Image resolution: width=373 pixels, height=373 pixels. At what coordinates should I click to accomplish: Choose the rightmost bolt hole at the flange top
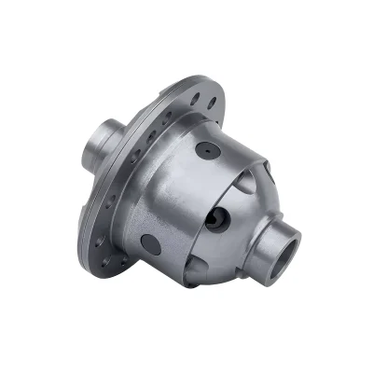[213, 101]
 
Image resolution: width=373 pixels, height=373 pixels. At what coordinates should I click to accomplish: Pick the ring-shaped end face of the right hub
[292, 244]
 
